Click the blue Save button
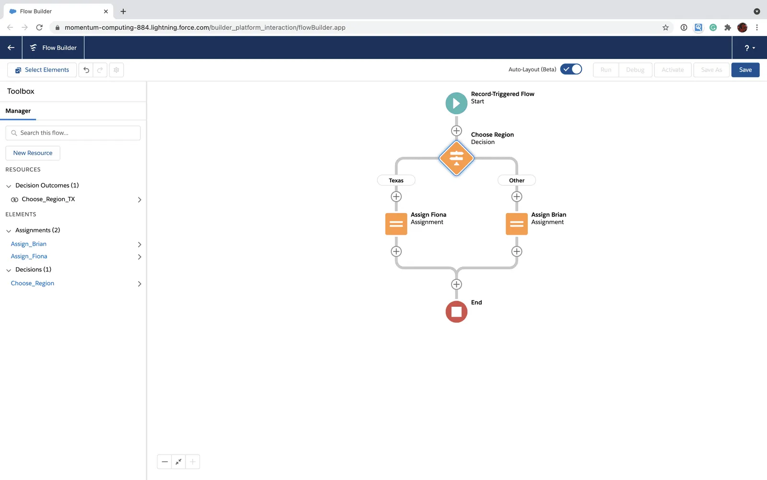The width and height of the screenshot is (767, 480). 745,70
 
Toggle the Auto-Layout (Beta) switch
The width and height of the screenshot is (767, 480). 571,69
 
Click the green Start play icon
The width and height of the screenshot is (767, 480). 456,103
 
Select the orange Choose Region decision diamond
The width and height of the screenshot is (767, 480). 456,158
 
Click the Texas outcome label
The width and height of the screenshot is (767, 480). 396,180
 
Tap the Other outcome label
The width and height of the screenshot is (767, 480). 516,180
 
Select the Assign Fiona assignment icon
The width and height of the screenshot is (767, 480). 396,224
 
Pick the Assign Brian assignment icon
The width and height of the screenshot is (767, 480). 516,224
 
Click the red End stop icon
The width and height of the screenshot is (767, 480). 456,312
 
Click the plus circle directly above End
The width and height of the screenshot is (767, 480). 456,284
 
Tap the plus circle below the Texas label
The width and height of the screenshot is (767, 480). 396,196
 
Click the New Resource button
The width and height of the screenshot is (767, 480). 33,153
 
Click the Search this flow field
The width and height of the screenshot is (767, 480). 73,132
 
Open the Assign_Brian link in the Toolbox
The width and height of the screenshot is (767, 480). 28,244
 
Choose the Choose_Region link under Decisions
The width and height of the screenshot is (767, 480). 32,283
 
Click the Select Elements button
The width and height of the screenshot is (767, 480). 42,70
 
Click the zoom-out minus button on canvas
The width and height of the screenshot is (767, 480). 164,462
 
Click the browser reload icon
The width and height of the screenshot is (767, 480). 39,27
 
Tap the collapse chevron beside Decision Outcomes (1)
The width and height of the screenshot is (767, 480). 9,186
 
